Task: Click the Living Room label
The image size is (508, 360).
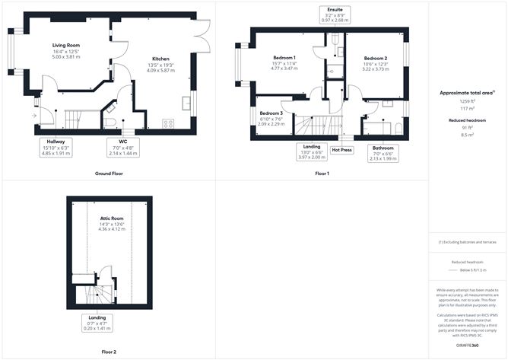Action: point(67,46)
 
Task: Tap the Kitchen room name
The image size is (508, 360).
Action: point(160,59)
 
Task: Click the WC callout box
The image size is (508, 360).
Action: point(122,147)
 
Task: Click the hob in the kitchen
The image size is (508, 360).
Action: point(168,123)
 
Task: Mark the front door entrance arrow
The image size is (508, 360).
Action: point(33,116)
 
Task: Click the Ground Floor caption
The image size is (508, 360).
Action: point(110,174)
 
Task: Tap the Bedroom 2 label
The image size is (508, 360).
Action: point(376,58)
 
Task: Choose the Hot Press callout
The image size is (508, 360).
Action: point(342,150)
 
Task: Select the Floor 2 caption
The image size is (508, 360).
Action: point(110,352)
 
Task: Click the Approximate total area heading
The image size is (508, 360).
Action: point(466,92)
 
